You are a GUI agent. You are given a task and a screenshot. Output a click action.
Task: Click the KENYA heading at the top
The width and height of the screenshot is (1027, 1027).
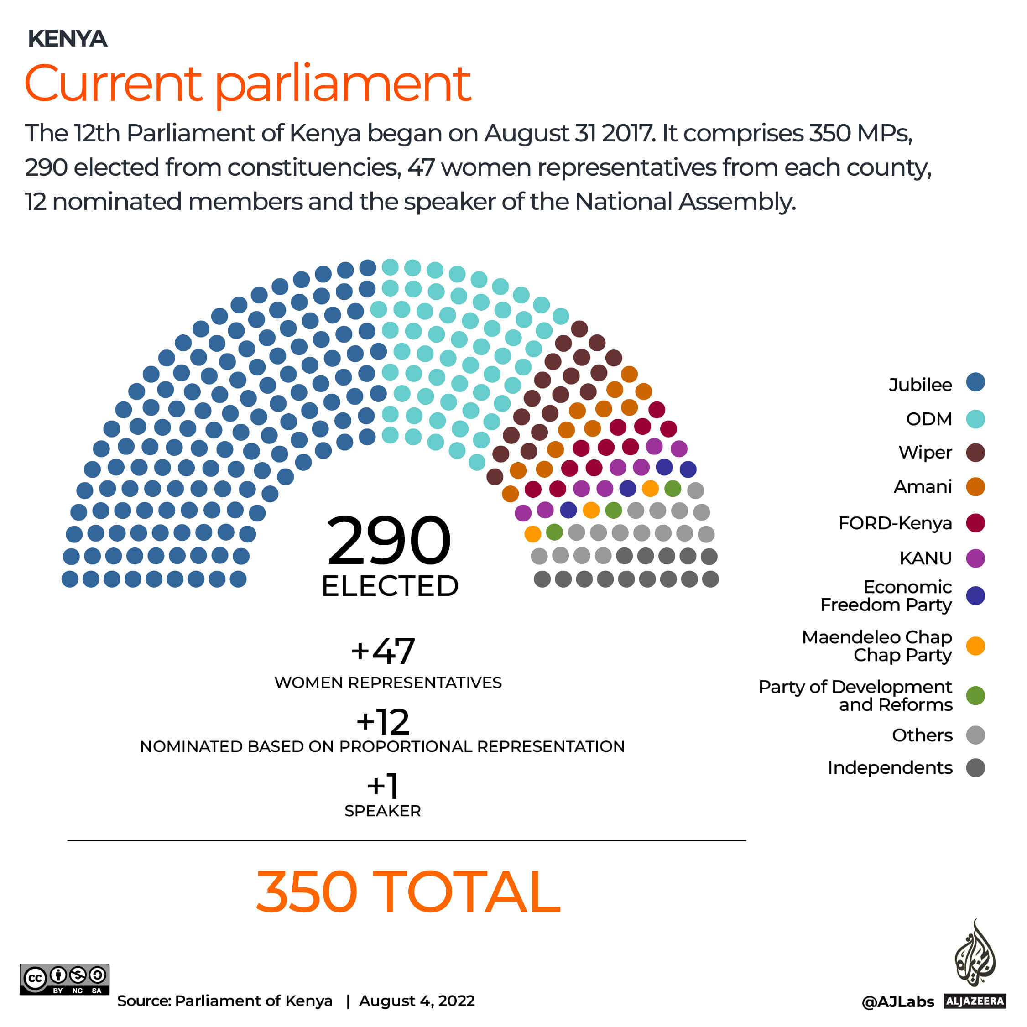68,39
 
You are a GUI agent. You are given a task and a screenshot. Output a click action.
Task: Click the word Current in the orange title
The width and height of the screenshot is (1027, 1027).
113,83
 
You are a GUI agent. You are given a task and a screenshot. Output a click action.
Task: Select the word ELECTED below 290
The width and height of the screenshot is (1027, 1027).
390,586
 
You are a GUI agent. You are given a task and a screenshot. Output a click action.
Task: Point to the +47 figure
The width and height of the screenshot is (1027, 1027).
383,651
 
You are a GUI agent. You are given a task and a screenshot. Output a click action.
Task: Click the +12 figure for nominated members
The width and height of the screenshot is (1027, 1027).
383,722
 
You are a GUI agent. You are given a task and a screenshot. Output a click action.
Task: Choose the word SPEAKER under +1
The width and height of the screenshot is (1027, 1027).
383,811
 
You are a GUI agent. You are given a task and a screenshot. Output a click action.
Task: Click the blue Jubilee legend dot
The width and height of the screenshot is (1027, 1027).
975,382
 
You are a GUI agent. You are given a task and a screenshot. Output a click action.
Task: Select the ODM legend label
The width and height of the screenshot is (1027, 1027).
928,419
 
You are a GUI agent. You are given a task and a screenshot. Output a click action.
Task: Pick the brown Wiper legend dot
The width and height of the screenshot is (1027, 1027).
975,453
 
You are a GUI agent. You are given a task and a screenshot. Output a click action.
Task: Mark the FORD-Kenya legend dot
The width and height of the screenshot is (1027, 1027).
975,523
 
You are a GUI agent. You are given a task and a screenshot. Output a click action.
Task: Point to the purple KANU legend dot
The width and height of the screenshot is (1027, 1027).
975,558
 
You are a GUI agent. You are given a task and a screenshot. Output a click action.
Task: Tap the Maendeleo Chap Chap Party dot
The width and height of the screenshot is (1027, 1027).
975,646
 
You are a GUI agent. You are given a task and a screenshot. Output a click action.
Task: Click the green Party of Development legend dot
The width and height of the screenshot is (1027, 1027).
975,696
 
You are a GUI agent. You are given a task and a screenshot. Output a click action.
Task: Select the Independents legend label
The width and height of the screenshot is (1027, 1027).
890,768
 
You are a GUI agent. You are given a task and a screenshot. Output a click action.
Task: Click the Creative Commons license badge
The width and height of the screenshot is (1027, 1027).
64,979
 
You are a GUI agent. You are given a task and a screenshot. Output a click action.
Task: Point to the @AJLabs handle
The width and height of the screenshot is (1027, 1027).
897,1002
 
